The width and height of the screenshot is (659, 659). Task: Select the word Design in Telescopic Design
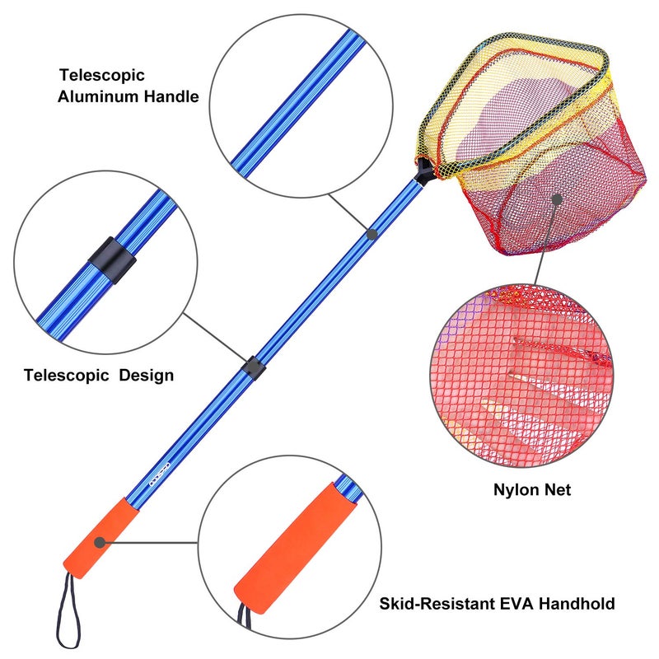point(147,376)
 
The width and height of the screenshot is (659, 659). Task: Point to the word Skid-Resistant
point(443,604)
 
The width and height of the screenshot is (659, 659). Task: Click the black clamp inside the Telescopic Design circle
point(113,260)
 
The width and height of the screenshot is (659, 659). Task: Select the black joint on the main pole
point(252,367)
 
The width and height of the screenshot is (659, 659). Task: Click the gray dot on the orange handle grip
point(100,542)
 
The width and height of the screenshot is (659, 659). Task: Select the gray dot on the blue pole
point(372,235)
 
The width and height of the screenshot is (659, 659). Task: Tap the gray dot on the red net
point(557,199)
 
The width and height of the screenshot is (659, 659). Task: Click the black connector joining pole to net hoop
point(424,170)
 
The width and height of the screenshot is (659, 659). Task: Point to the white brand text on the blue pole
point(156,480)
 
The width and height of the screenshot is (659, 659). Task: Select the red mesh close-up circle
point(520,374)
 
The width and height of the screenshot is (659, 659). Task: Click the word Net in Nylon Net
point(557,490)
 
